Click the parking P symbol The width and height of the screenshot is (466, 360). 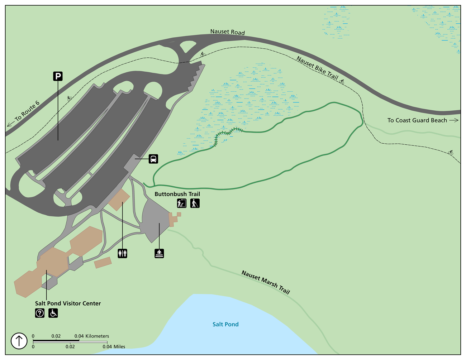click(x=58, y=76)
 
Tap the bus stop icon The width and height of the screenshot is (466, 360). click(x=153, y=159)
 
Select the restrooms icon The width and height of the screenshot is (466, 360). click(x=123, y=253)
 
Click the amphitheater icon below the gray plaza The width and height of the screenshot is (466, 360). click(x=159, y=253)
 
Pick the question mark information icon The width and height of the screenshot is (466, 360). click(x=40, y=313)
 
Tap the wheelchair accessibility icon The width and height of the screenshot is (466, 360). click(x=53, y=313)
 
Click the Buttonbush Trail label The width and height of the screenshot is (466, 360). click(x=177, y=194)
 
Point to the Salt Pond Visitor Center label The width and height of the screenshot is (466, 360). click(x=68, y=303)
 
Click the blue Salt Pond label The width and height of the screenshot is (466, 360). click(x=225, y=324)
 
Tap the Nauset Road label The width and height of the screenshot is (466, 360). click(x=228, y=32)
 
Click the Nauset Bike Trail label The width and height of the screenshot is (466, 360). click(x=317, y=68)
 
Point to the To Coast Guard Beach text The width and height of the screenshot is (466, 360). click(x=417, y=120)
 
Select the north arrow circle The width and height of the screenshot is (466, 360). click(x=19, y=341)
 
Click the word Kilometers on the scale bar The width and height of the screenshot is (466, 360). click(x=97, y=336)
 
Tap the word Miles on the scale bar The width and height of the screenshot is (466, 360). click(x=119, y=346)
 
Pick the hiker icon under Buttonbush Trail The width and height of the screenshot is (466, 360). click(x=195, y=203)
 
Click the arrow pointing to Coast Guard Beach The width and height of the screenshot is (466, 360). click(x=454, y=120)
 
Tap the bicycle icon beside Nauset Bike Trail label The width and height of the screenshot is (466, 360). click(x=342, y=82)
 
